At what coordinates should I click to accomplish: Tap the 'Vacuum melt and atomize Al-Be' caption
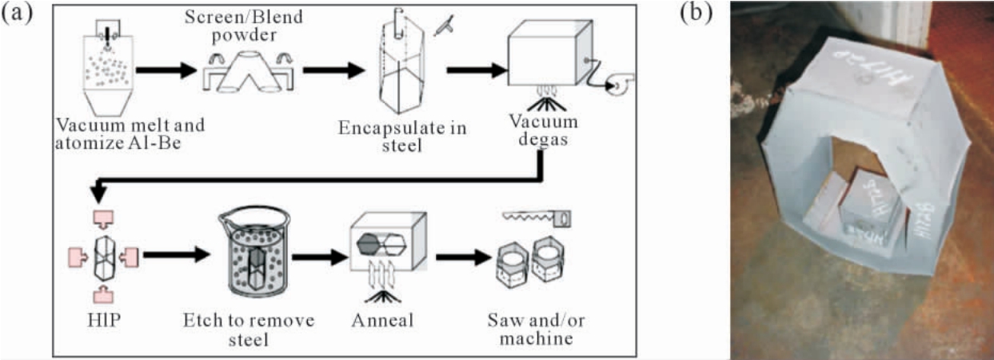pyautogui.click(x=130, y=134)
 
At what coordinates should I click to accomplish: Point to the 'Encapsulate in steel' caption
pyautogui.click(x=402, y=135)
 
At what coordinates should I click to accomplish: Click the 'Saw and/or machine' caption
pyautogui.click(x=531, y=329)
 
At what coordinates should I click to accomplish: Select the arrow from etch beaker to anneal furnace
pyautogui.click(x=317, y=258)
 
